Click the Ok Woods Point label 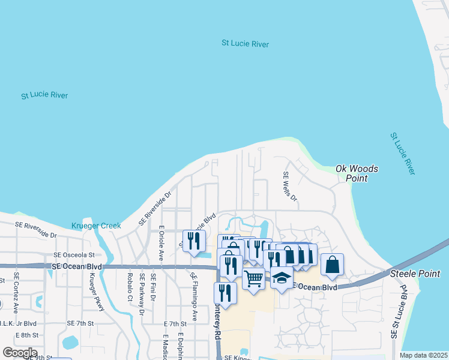pos(357,173)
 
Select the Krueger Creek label pos(96,226)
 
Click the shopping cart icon pos(254,279)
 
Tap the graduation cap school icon pos(282,278)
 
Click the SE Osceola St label pos(74,255)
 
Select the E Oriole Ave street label pos(161,242)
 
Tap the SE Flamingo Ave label pos(194,296)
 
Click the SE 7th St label pos(81,323)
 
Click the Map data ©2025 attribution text pos(423,355)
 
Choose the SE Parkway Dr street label pos(142,294)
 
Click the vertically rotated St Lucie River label pos(402,154)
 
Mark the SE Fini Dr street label pos(154,287)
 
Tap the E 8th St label pos(27,335)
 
